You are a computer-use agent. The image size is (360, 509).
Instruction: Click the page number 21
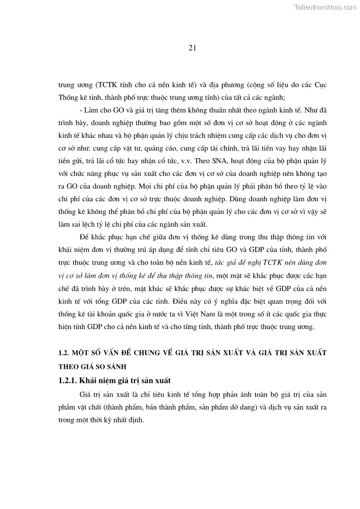click(192, 48)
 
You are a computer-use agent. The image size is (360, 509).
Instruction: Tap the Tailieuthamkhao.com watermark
click(325, 7)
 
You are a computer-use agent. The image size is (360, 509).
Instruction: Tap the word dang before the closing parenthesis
click(244, 407)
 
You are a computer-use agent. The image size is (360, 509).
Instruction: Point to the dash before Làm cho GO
click(80, 110)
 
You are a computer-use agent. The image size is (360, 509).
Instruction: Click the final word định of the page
click(136, 420)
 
